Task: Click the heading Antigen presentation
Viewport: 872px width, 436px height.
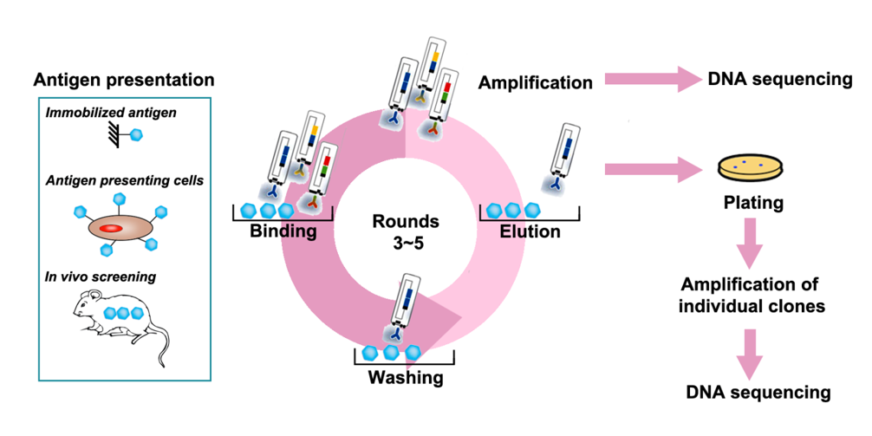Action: click(124, 81)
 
